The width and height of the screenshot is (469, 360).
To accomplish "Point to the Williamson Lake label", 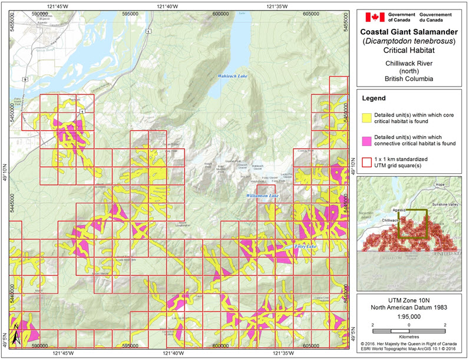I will (x=262, y=194).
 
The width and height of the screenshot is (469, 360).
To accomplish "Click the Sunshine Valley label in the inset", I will (x=445, y=203).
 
